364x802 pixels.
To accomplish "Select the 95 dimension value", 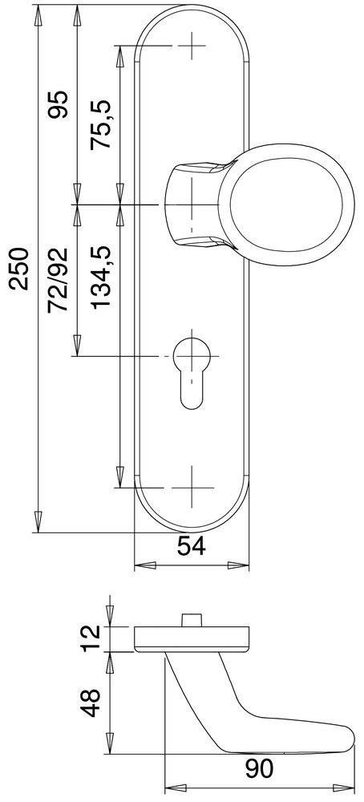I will point(59,105).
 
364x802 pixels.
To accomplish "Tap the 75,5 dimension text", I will point(101,125).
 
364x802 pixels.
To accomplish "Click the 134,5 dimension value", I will point(101,277).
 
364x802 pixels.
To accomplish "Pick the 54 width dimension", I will point(192,546).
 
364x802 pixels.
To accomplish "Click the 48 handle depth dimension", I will point(92,703).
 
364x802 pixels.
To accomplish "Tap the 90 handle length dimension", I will point(259,769).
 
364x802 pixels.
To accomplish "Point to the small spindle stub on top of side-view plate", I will point(192,621).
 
